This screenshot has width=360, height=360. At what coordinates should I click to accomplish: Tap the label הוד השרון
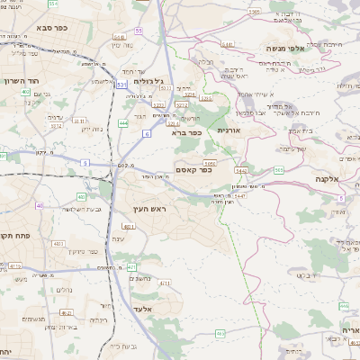(x=21, y=80)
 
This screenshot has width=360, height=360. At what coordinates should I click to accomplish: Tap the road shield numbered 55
(x=139, y=30)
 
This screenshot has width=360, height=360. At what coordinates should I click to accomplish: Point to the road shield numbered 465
(x=220, y=334)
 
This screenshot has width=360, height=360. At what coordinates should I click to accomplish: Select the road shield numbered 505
(x=279, y=169)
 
